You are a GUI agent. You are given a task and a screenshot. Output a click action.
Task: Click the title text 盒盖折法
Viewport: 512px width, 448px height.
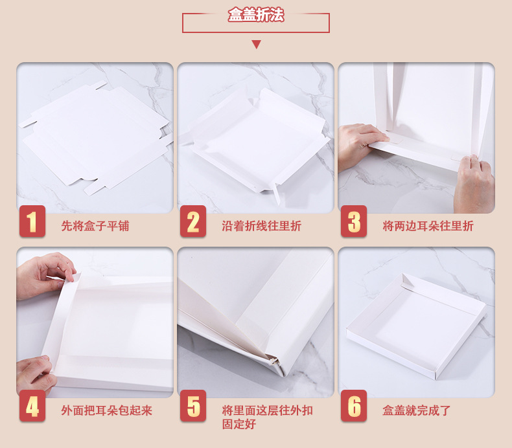256,15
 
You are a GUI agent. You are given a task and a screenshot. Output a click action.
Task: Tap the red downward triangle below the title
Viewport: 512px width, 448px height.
257,44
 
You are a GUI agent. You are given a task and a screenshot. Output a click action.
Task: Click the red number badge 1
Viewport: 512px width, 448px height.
32,221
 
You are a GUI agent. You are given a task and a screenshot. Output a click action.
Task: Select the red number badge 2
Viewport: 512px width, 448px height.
193,221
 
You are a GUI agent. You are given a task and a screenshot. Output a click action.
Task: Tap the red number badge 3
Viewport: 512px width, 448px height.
354,221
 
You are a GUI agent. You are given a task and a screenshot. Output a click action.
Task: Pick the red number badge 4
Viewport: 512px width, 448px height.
32,405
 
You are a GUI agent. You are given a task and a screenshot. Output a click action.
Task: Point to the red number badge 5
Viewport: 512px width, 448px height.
193,405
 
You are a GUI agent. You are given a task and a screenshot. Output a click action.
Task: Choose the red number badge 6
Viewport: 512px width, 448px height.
354,405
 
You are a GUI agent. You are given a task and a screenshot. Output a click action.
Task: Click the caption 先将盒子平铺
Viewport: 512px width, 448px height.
95,226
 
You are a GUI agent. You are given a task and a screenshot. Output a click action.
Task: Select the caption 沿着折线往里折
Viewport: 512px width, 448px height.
262,226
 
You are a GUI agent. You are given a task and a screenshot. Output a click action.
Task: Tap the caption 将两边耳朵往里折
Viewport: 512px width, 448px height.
428,226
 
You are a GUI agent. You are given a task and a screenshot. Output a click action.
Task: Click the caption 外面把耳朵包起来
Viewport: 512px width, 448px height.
106,410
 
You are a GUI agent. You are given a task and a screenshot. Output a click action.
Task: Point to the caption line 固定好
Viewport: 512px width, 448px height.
239,424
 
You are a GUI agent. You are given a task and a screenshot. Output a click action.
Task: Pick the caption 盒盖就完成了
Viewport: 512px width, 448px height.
416,410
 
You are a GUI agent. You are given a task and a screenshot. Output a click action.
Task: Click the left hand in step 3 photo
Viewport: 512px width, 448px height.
361,145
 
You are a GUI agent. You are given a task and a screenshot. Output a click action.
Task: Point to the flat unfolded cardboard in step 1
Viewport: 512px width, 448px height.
95,137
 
